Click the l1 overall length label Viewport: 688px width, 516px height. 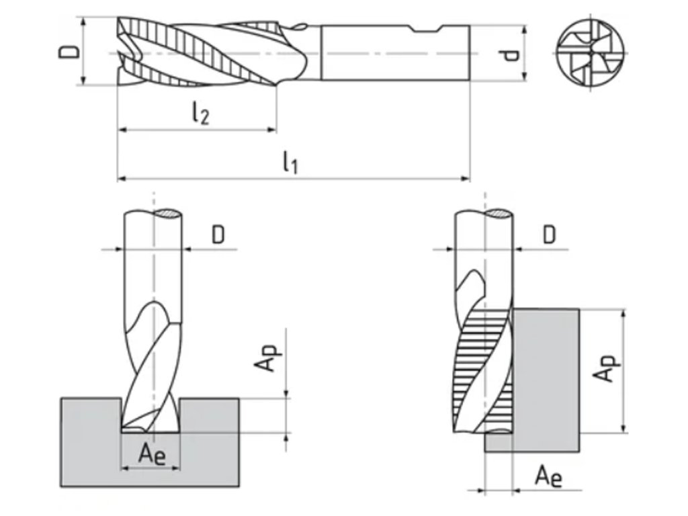pyautogui.click(x=290, y=162)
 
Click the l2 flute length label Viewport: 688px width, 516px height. pyautogui.click(x=199, y=113)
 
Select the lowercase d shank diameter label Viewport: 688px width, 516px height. pyautogui.click(x=512, y=53)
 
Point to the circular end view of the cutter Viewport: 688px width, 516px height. pyautogui.click(x=592, y=52)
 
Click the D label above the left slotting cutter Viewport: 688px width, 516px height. pyautogui.click(x=218, y=234)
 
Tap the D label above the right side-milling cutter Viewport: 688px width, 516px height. pyautogui.click(x=550, y=234)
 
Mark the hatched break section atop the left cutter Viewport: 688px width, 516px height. pyautogui.click(x=167, y=214)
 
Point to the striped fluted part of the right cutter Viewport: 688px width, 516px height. pyautogui.click(x=482, y=370)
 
